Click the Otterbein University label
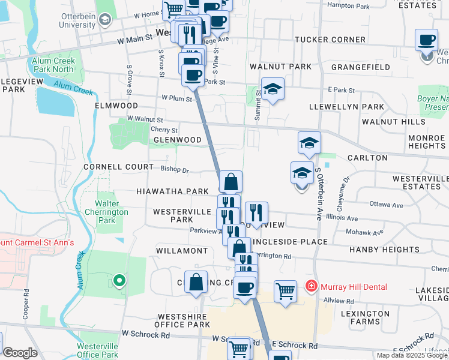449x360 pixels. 77,21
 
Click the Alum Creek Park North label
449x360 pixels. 55,65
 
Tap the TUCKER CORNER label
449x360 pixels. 330,40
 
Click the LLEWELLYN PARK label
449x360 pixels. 346,107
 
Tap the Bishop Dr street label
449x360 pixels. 175,170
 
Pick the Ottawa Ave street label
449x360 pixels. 386,205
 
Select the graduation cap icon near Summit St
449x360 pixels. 273,89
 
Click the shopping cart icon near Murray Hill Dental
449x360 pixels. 285,291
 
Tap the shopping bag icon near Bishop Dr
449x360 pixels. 231,181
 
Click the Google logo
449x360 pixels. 20,353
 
